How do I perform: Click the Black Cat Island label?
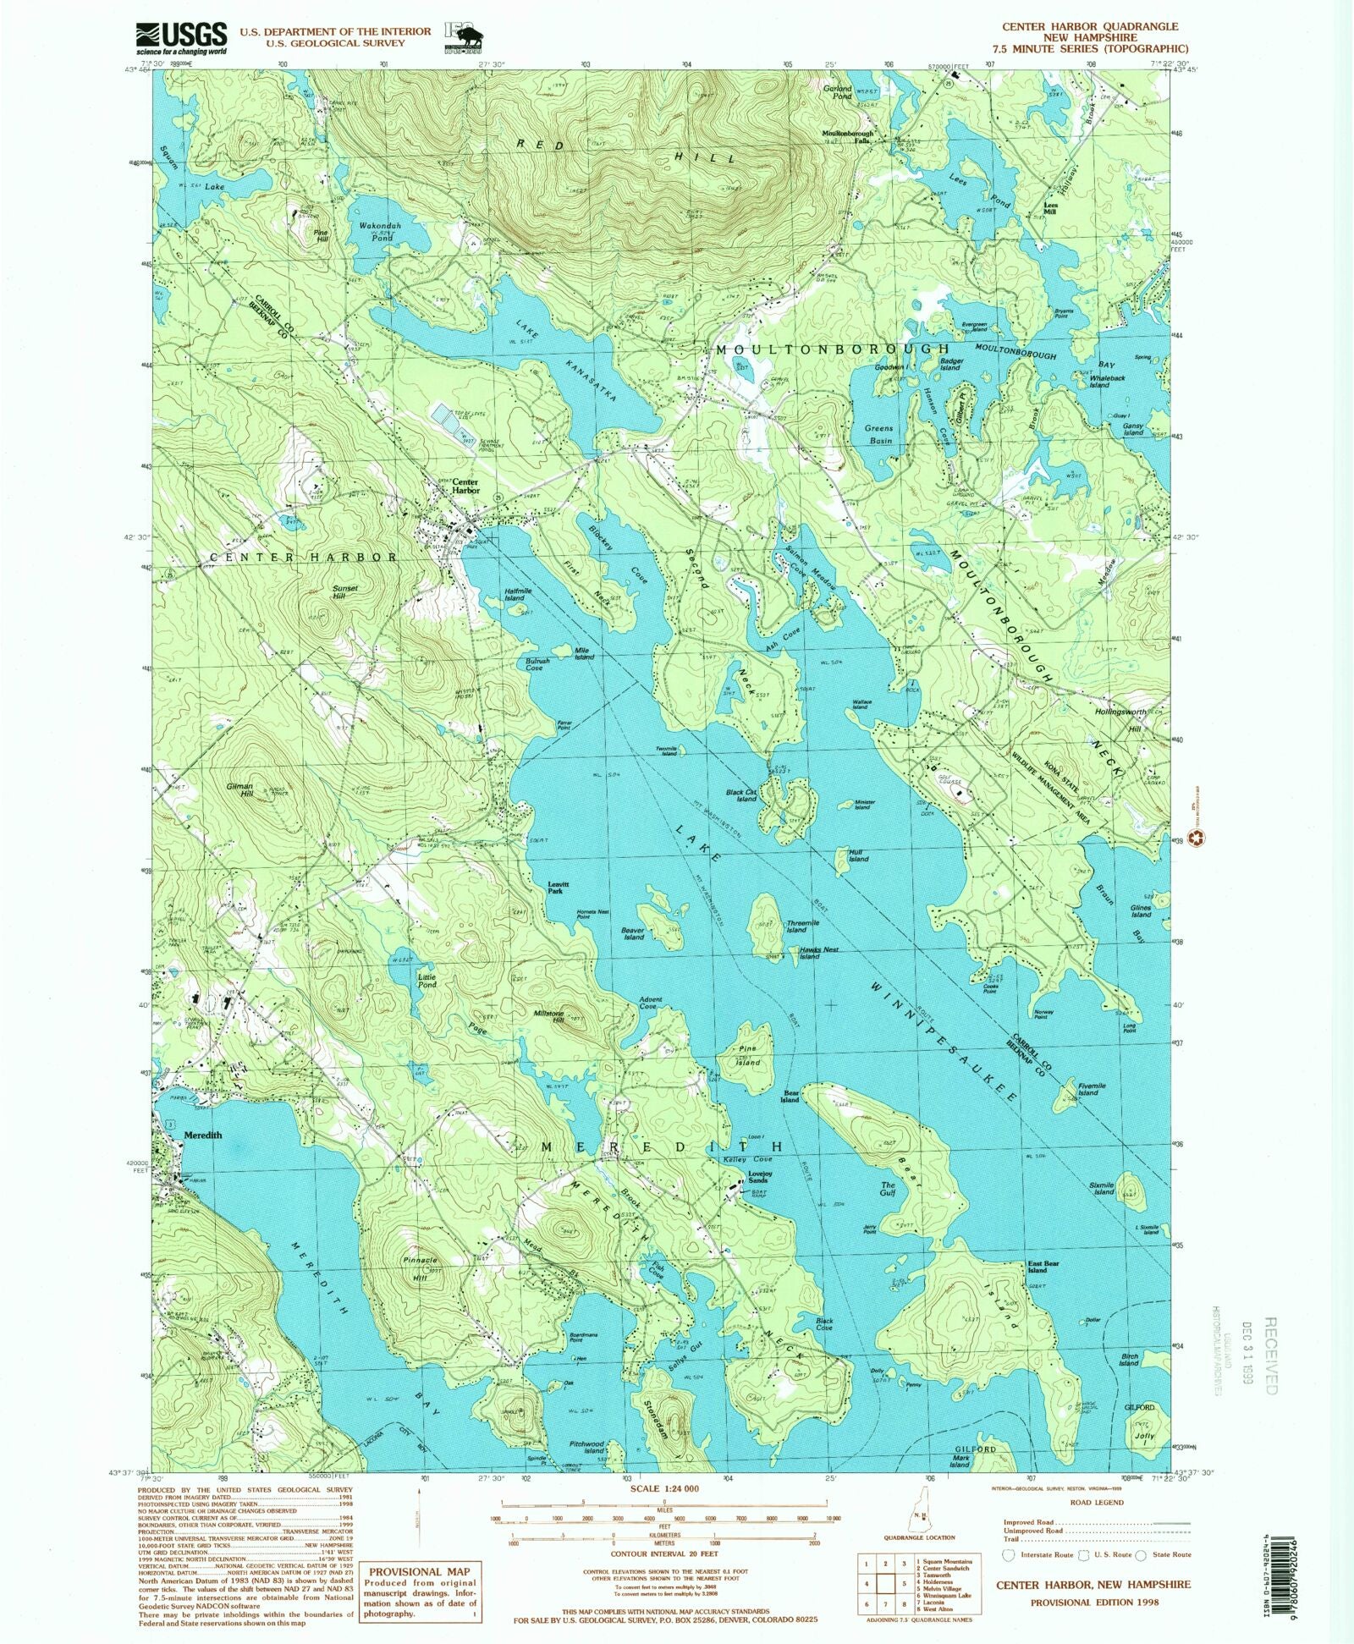pos(746,795)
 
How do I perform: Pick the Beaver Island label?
pos(634,933)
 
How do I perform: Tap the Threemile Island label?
pos(796,926)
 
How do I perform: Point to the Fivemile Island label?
pos(1088,1088)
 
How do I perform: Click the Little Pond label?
pos(427,981)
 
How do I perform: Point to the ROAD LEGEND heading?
pos(1096,1503)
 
